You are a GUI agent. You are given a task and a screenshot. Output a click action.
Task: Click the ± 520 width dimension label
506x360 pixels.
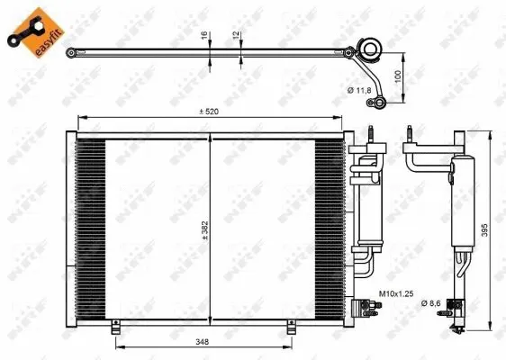[x=210, y=112]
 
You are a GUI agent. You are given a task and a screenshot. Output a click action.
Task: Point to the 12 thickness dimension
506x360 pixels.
[x=237, y=38]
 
